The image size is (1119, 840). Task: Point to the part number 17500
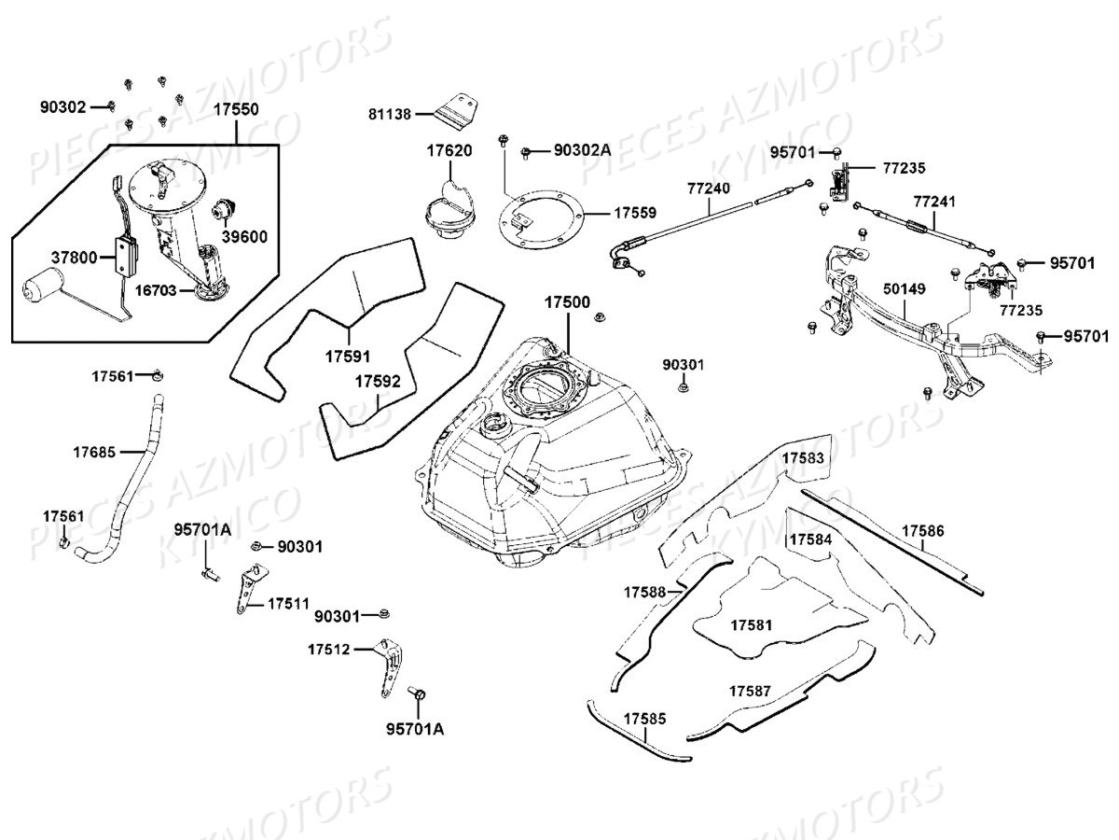coord(568,303)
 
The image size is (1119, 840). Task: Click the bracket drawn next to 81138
coord(455,109)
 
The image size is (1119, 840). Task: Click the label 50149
coord(905,290)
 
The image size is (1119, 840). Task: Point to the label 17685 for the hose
coord(94,453)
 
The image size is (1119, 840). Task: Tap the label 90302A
coord(582,149)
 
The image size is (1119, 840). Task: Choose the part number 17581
coord(753,623)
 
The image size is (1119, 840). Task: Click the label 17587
coord(751,692)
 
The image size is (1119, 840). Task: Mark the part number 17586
coord(922,531)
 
